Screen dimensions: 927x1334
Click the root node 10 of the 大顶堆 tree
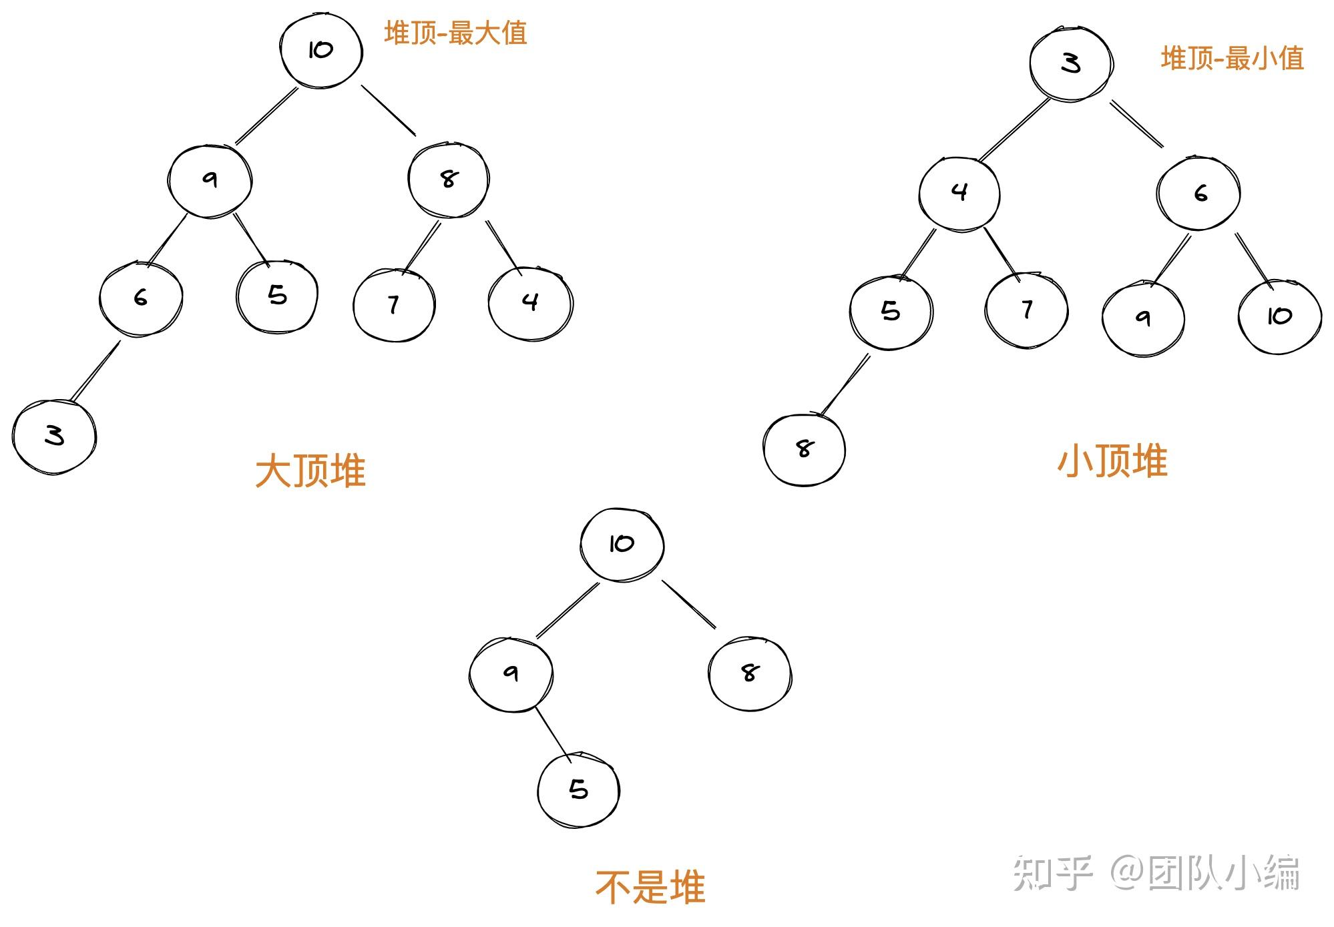coord(321,51)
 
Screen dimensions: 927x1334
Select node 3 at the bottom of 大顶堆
coord(54,436)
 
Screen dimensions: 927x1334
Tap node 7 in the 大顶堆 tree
coord(394,305)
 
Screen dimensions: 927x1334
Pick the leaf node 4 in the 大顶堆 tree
coord(530,302)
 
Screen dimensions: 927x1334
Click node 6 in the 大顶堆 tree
coord(140,298)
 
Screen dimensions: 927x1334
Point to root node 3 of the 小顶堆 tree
coord(1070,63)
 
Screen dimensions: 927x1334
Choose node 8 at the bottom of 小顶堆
coord(805,449)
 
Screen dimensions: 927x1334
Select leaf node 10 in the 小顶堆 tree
coord(1279,316)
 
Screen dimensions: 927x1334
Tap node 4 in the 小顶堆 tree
coord(959,193)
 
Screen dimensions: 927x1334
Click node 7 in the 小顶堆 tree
coord(1027,310)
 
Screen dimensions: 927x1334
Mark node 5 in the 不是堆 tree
coord(578,790)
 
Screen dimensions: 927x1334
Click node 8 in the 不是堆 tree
coord(749,673)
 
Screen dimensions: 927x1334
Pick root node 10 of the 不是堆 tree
coord(622,544)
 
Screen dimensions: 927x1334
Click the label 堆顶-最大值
coord(455,33)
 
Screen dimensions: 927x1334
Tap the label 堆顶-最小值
coord(1232,59)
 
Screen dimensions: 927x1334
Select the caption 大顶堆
coord(310,471)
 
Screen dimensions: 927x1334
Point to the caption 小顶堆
coord(1112,461)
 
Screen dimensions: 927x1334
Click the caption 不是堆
coord(650,888)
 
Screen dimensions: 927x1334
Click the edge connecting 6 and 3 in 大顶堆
coord(95,372)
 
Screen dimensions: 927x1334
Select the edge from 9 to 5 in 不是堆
coord(553,734)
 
